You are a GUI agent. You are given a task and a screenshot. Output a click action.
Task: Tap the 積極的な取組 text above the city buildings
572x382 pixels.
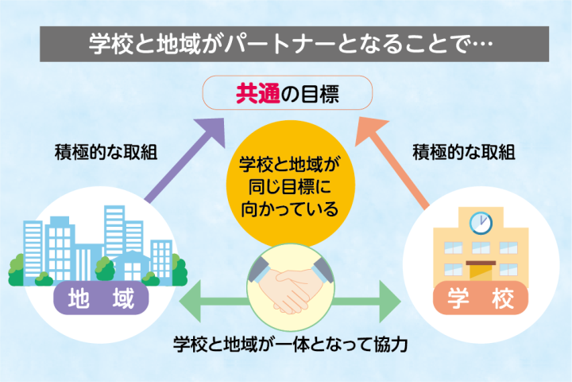click(105, 151)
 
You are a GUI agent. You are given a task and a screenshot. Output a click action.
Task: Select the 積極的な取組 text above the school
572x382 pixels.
click(465, 151)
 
